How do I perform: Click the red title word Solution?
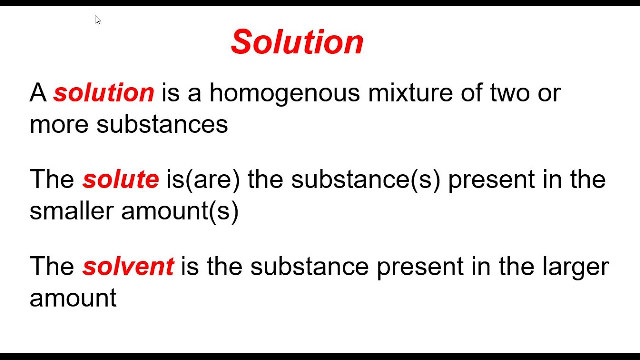pyautogui.click(x=297, y=42)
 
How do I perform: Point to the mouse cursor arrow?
pyautogui.click(x=97, y=20)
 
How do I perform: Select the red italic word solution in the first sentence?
pyautogui.click(x=104, y=93)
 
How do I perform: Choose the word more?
pyautogui.click(x=59, y=124)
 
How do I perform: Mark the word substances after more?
pyautogui.click(x=162, y=124)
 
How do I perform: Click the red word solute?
pyautogui.click(x=121, y=179)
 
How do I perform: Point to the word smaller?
pyautogui.click(x=71, y=211)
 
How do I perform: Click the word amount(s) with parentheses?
pyautogui.click(x=180, y=211)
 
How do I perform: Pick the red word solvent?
pyautogui.click(x=128, y=266)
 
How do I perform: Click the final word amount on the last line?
pyautogui.click(x=73, y=298)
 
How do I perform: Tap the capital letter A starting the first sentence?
pyautogui.click(x=38, y=93)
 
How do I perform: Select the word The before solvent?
pyautogui.click(x=52, y=266)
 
